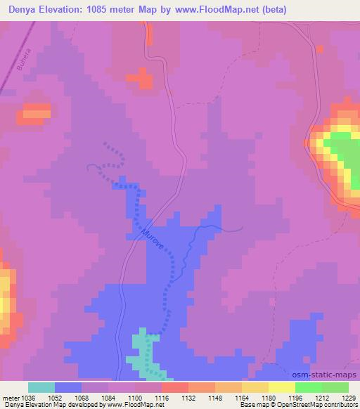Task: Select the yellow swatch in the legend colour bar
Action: (x=282, y=387)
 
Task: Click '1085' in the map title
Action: (x=99, y=9)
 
